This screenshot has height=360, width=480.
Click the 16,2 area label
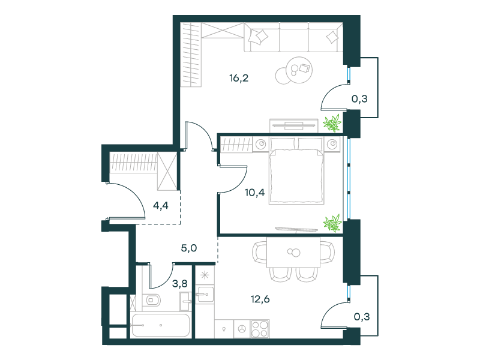(239, 79)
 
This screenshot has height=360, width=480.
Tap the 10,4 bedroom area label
(254, 193)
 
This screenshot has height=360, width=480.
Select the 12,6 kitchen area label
(260, 299)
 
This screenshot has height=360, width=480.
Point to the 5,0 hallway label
(189, 248)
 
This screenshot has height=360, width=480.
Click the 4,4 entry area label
(161, 205)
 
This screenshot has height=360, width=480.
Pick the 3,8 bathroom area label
(179, 283)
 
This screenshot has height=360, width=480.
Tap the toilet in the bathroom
(152, 301)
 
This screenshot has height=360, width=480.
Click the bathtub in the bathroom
(160, 325)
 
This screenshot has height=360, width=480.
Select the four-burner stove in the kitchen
(260, 329)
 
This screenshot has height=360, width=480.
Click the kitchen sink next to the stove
(242, 329)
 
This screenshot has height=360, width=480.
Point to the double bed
(296, 171)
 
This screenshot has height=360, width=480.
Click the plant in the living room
(332, 123)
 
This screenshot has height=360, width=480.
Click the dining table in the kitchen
(293, 252)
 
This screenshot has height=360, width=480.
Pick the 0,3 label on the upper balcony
(359, 98)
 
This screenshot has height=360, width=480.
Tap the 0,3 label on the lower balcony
(362, 317)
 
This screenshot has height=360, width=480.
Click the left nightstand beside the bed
(261, 144)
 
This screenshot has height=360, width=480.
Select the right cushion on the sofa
(332, 37)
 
